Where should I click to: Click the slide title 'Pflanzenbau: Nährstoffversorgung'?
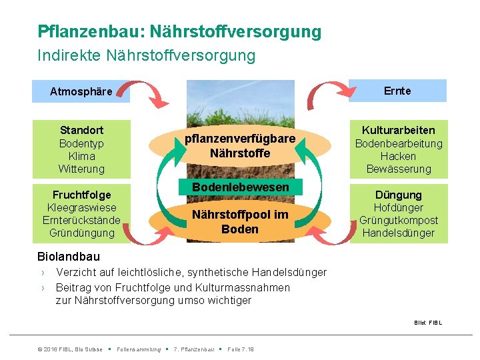(x=179, y=31)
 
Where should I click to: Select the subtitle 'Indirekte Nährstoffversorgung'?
(x=146, y=55)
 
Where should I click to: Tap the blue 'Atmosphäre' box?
(x=81, y=91)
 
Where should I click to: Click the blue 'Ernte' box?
(x=397, y=91)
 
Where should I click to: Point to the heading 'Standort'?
(x=81, y=130)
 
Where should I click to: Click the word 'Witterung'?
(x=81, y=169)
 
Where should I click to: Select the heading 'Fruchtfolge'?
(x=81, y=195)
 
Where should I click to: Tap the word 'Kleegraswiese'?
(x=81, y=207)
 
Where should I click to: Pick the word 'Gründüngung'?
(x=81, y=233)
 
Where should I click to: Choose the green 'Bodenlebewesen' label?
(x=240, y=187)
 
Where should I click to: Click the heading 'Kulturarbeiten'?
(x=398, y=130)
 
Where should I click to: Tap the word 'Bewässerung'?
(x=398, y=169)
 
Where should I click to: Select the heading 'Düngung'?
(x=398, y=195)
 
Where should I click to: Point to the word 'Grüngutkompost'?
(x=398, y=220)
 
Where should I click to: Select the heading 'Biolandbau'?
(x=69, y=257)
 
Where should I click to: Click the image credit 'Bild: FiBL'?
(x=427, y=323)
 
